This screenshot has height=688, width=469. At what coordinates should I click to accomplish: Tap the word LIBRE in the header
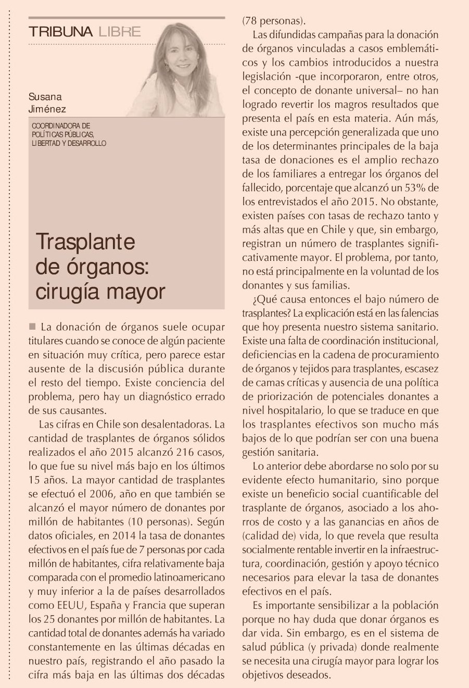tap(119, 32)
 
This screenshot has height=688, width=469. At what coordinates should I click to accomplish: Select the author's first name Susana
tap(45, 97)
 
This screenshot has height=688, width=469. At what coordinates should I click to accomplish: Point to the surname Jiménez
tap(47, 109)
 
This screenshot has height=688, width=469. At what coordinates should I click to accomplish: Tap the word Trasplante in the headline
tap(85, 242)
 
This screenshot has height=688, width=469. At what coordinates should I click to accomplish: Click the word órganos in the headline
tap(106, 267)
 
